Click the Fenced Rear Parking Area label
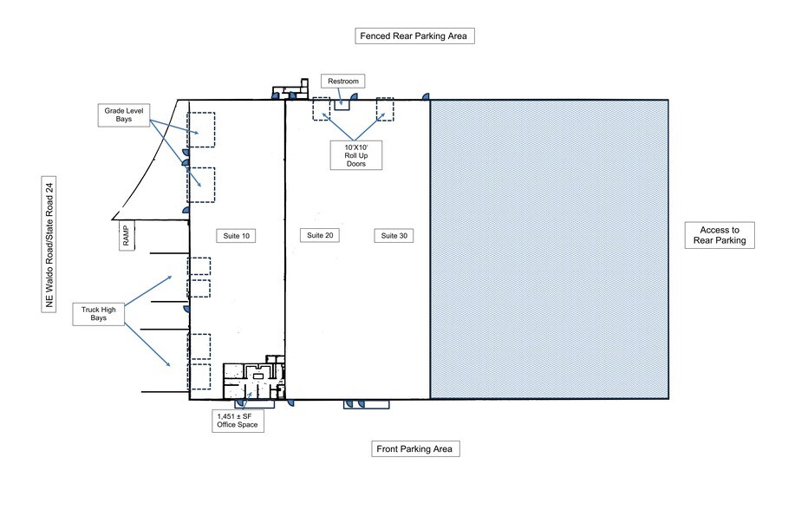[x=414, y=36]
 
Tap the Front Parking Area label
[x=414, y=448]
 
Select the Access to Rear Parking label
[x=720, y=235]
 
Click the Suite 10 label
[x=236, y=236]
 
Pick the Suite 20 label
[x=320, y=235]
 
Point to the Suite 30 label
[x=394, y=235]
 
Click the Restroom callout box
[x=343, y=81]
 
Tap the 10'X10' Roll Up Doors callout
[x=356, y=155]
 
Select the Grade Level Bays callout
[x=124, y=114]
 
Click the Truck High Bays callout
[x=99, y=314]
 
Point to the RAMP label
[x=126, y=235]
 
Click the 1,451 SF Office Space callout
[x=238, y=421]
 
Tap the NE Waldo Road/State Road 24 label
[x=49, y=245]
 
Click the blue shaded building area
[x=550, y=250]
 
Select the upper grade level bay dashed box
[x=201, y=130]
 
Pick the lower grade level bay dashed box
[x=201, y=185]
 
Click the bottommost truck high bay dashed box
[x=199, y=376]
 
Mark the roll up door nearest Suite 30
[x=385, y=109]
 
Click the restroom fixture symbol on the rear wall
[x=342, y=105]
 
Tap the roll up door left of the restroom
[x=322, y=109]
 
